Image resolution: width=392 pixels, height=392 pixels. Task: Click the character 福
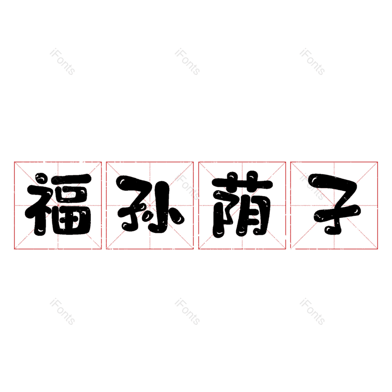58,205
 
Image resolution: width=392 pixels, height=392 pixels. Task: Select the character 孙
150,205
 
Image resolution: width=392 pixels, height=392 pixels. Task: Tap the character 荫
242,205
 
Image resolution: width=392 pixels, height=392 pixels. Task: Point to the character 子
334,205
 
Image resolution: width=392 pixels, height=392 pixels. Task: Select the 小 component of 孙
165,208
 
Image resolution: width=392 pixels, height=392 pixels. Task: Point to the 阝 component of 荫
223,213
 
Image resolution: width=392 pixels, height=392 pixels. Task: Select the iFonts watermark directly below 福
63,312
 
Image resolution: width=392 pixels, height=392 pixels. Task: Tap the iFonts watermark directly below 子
313,312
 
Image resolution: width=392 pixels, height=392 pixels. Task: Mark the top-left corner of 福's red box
14,162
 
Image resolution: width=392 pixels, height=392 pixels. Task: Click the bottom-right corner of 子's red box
378,249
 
